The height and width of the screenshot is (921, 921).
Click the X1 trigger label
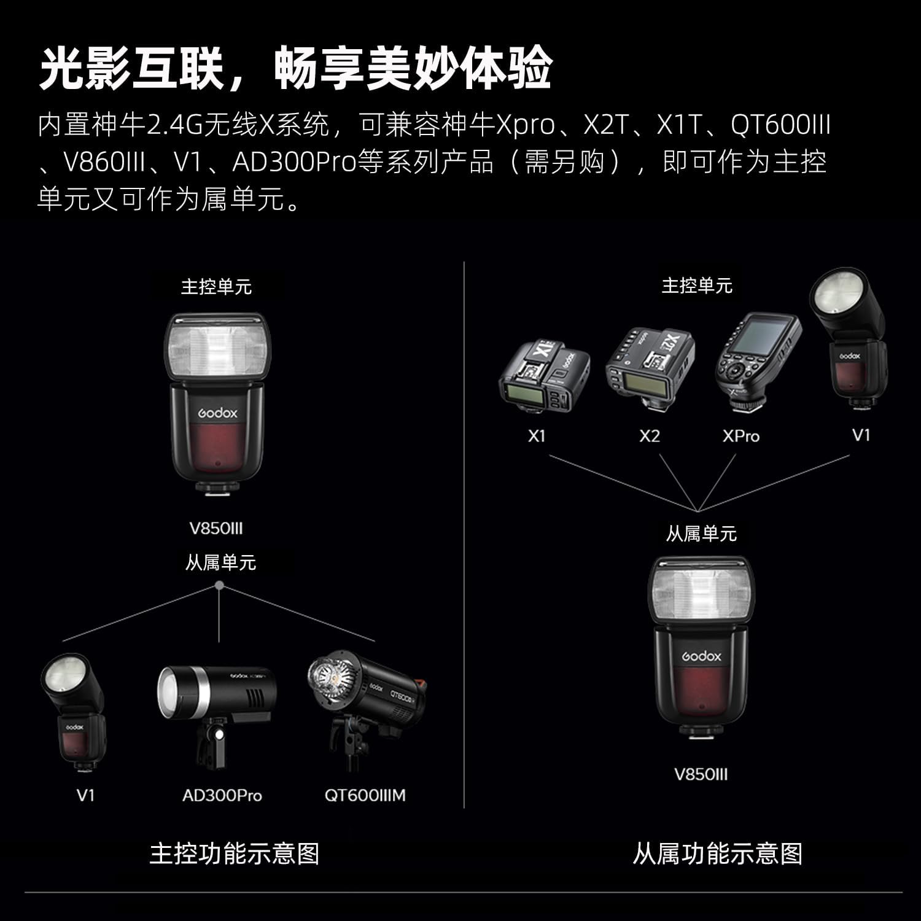537,436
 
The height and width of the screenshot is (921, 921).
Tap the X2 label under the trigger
649,436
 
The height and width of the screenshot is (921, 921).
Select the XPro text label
741,436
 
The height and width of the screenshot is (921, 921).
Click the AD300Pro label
222,796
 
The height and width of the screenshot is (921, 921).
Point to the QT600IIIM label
365,796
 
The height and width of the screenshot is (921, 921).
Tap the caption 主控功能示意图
235,853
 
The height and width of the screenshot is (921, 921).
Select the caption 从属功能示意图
718,853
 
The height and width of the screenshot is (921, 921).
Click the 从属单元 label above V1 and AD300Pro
220,562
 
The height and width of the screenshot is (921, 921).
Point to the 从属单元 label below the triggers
701,533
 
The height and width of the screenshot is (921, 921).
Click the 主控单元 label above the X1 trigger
697,286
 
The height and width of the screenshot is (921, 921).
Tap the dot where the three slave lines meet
219,586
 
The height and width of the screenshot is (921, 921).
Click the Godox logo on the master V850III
218,413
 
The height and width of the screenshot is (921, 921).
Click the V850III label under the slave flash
701,774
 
